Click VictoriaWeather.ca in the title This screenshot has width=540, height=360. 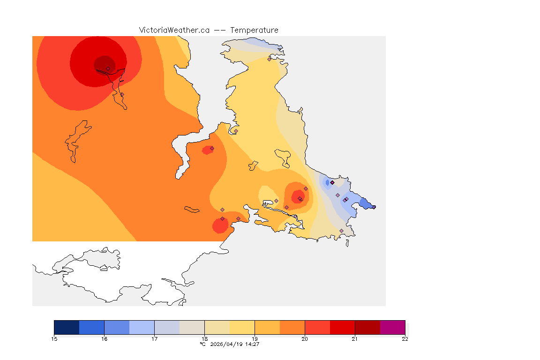pos(174,30)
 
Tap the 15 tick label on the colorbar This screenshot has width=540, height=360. pos(54,339)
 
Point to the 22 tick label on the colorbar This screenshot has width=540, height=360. pos(405,339)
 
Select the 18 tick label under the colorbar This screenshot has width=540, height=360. pos(204,339)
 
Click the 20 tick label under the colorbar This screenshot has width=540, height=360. pos(305,339)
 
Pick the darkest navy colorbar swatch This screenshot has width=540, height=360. pos(67,327)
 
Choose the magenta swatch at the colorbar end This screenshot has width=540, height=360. pos(392,327)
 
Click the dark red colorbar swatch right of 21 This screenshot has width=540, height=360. pos(367,327)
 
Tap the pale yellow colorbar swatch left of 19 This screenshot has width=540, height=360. pos(242,327)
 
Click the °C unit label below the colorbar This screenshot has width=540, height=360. pos(202,344)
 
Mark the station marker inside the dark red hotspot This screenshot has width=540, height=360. pos(108,68)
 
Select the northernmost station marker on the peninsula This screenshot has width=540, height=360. pos(269,59)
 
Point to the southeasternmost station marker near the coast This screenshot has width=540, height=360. pos(341,231)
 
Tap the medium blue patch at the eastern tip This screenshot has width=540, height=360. pos(365,203)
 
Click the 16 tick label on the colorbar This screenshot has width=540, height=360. pos(104,339)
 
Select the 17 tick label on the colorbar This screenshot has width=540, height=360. pos(154,339)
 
